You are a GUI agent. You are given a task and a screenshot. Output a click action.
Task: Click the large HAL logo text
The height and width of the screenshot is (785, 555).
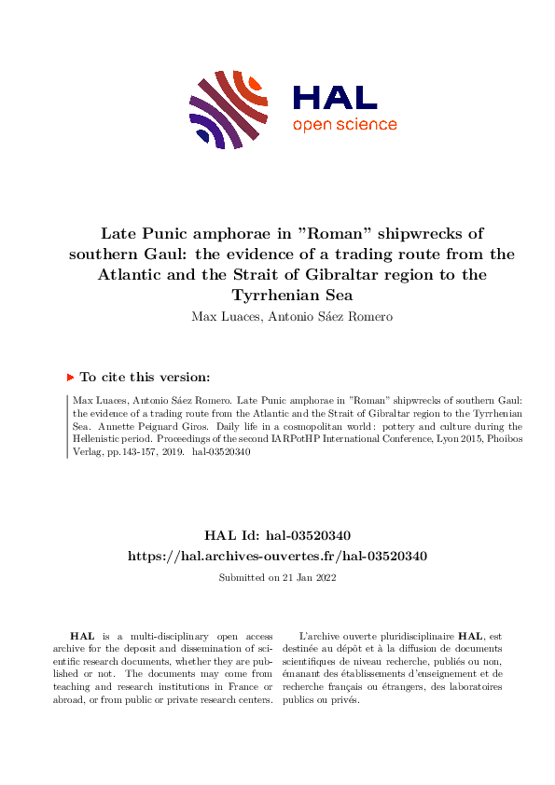334,98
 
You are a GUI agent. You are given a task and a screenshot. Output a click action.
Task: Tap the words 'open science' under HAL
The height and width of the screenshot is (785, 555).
344,126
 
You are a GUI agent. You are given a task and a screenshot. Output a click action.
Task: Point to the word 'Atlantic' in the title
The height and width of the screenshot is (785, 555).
136,274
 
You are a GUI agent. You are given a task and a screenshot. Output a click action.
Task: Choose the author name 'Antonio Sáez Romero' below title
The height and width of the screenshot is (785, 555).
312,316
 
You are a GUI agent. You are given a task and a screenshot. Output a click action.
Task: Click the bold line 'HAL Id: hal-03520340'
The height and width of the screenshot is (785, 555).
277,536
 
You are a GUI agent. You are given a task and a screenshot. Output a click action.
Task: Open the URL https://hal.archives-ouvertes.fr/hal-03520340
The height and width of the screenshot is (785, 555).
277,556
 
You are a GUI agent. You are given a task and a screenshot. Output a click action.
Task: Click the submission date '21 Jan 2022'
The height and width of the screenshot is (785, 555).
309,577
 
